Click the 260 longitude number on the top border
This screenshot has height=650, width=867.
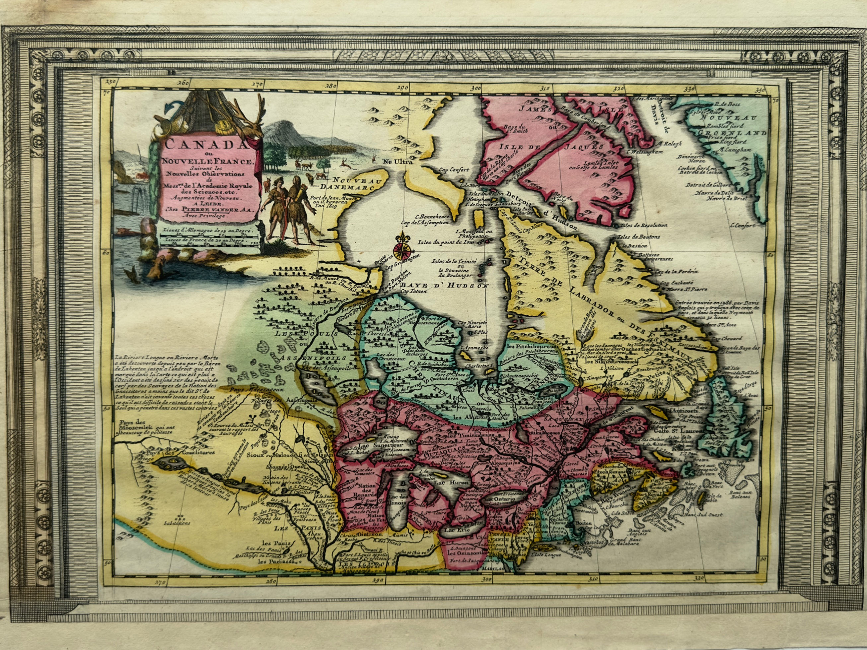click(182, 83)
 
